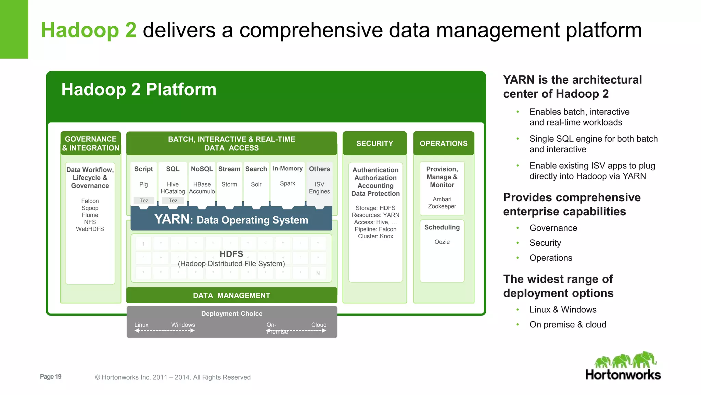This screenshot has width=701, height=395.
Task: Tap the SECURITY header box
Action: tap(374, 143)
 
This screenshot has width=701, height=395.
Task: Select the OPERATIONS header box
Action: tap(443, 143)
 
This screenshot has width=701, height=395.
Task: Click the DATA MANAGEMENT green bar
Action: tap(231, 295)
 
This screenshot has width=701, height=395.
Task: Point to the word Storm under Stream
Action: tap(229, 184)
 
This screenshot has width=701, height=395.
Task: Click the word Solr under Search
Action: tap(256, 184)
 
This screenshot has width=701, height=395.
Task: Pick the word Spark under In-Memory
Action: tap(287, 183)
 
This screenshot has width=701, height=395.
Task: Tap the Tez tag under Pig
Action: tap(144, 201)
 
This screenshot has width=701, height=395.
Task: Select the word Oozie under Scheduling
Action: tap(442, 242)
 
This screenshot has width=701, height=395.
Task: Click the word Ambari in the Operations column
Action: tap(442, 199)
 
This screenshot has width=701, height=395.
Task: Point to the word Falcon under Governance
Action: tap(90, 201)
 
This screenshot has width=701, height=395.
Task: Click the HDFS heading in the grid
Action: tap(231, 254)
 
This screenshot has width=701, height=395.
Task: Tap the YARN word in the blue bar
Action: tap(172, 219)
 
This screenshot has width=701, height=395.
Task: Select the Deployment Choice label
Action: tap(232, 313)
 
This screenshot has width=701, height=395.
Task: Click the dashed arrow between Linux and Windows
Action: tap(165, 331)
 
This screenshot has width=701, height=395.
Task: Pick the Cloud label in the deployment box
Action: tap(319, 325)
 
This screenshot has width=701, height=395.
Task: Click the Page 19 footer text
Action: tap(51, 376)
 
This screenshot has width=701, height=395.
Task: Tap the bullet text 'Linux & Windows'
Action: tap(563, 310)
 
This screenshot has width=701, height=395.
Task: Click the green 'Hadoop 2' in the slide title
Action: tap(89, 30)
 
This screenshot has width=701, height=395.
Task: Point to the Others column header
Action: tap(319, 169)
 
